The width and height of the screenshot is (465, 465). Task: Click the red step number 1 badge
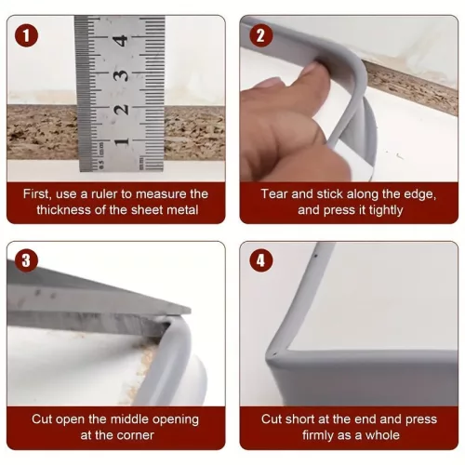tap(26, 35)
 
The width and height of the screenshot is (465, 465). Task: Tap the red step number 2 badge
tap(261, 35)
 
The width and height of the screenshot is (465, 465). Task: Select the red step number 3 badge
tap(26, 260)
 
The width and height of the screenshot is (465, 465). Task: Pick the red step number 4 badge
tap(261, 260)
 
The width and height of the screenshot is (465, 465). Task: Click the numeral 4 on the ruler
tap(120, 41)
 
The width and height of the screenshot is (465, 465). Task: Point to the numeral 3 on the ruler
tap(120, 75)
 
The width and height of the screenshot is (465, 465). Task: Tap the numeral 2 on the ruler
tap(121, 110)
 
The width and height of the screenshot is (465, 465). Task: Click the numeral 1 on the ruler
tap(121, 142)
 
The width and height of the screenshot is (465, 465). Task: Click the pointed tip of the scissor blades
tap(191, 310)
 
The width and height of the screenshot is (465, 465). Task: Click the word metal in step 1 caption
tap(182, 210)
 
